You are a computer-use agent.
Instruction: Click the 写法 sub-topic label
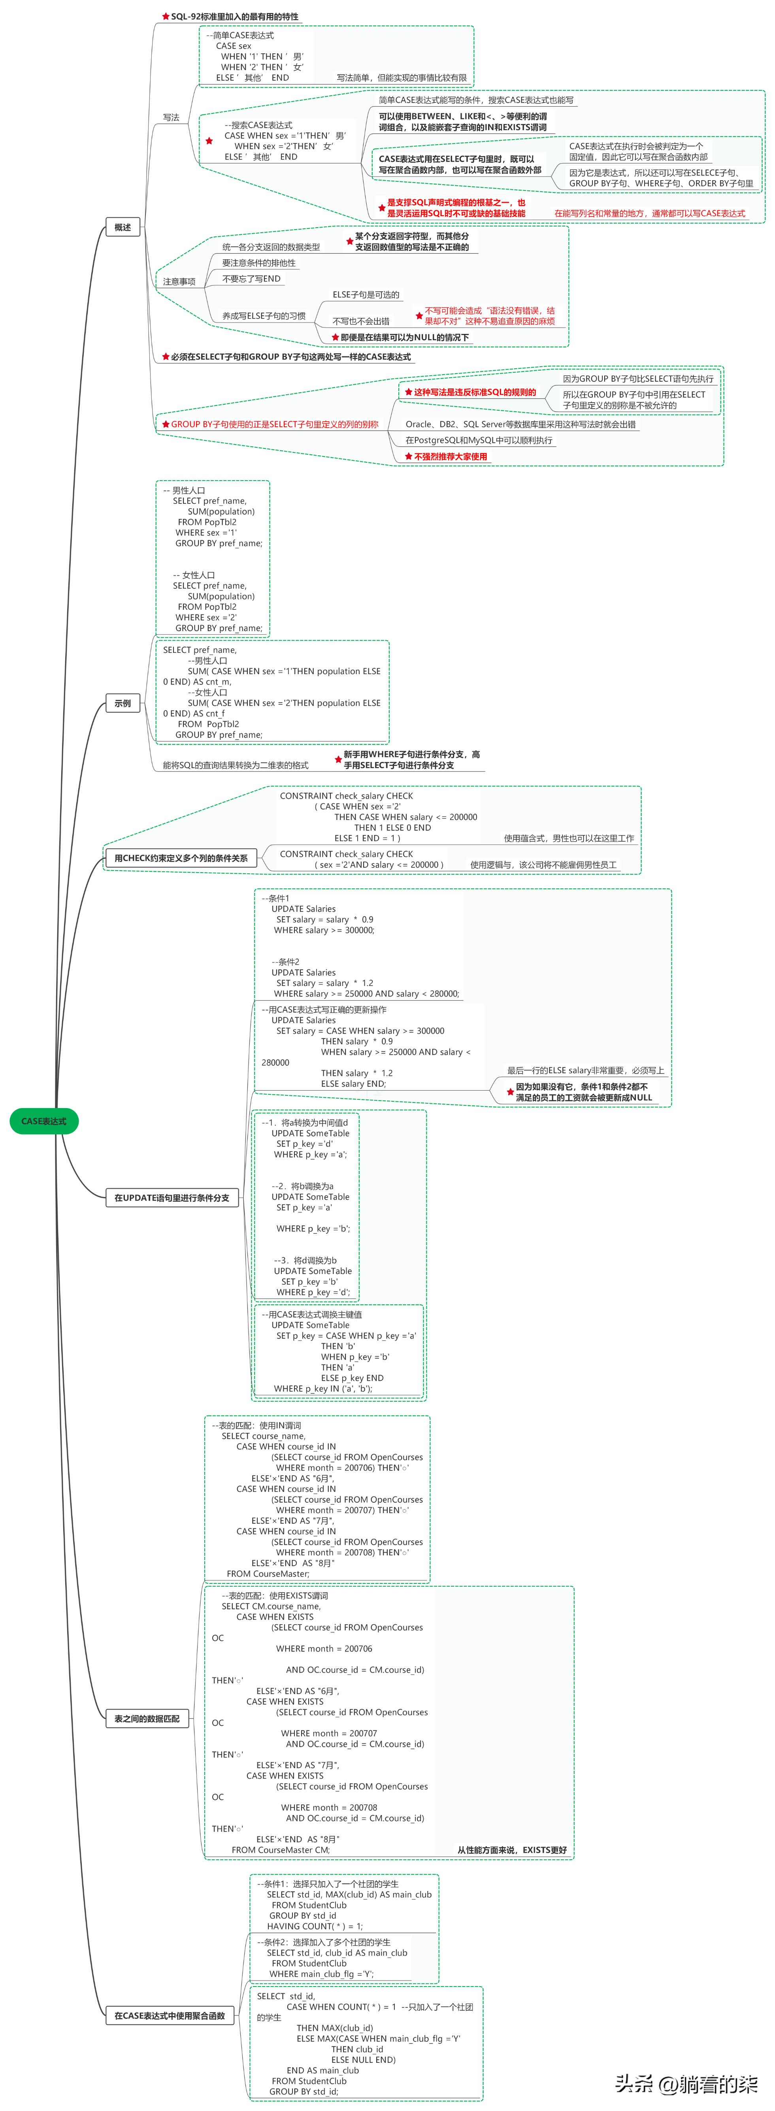(x=171, y=117)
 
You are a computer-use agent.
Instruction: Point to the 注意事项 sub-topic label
(x=179, y=281)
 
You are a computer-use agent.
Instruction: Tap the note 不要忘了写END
(x=251, y=279)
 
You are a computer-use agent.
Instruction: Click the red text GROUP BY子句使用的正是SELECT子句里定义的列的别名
(x=274, y=424)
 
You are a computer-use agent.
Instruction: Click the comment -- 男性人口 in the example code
(x=184, y=490)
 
